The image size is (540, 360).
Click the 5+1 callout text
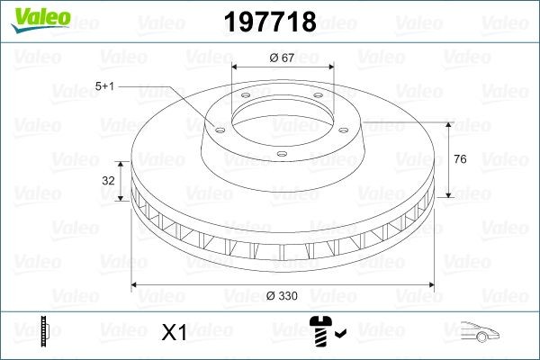(x=105, y=85)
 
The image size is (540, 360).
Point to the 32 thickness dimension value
(x=109, y=180)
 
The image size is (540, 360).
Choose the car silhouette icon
(x=484, y=332)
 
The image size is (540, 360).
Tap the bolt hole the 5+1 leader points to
(x=217, y=127)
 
